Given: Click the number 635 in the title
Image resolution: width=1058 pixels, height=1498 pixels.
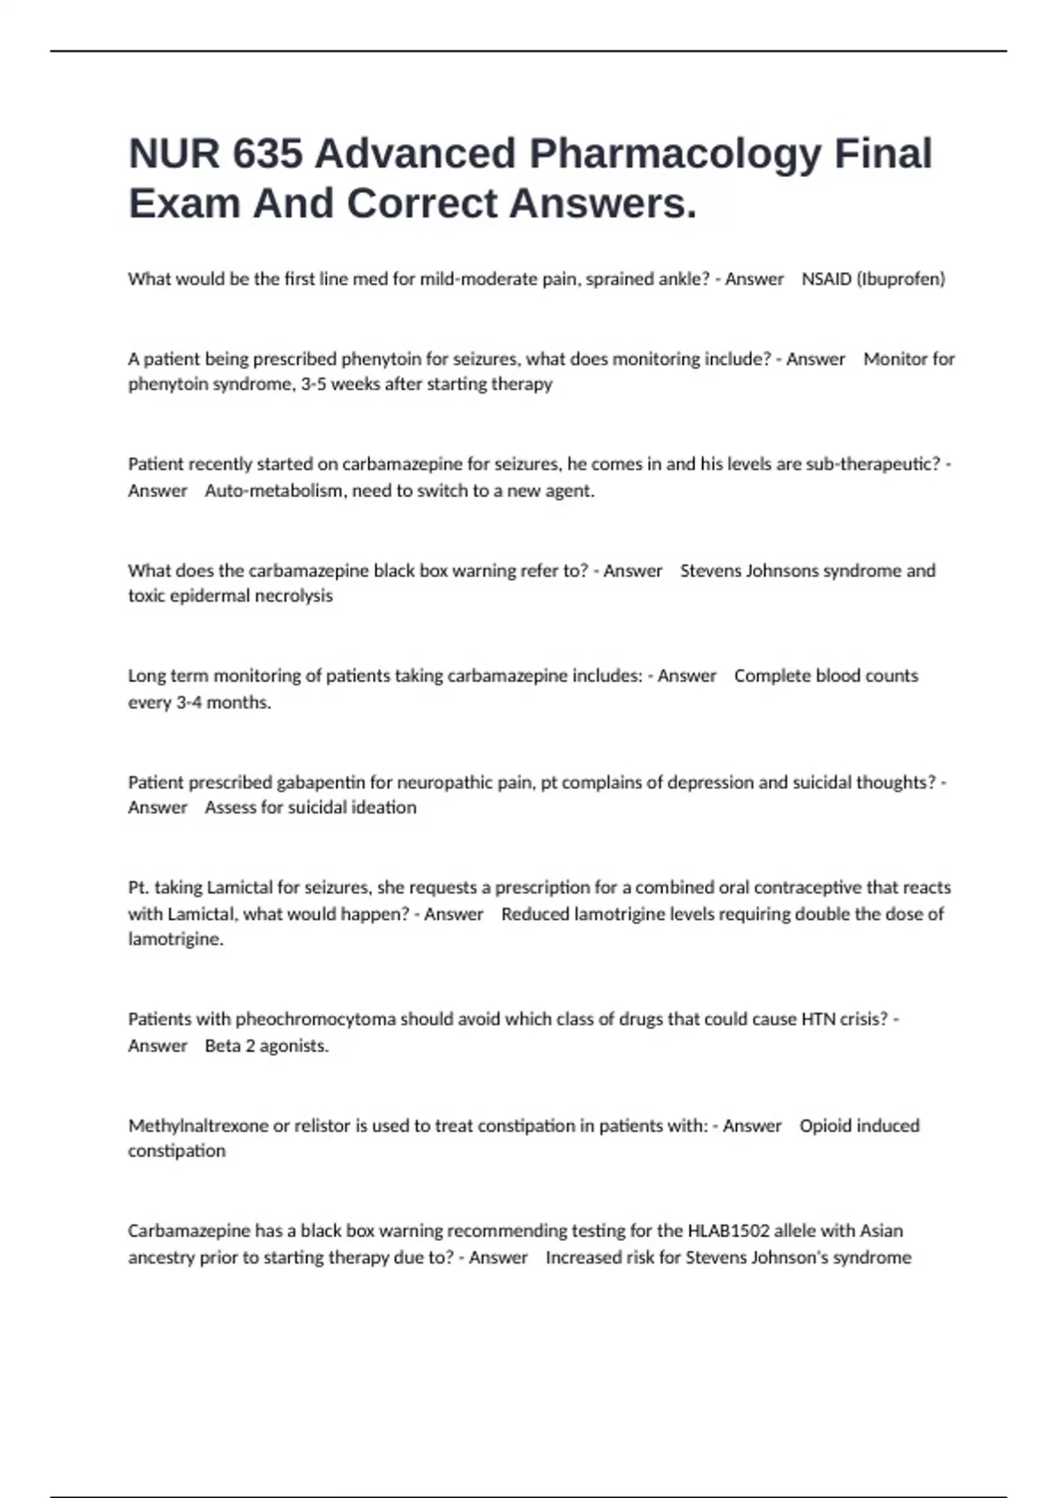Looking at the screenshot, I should pos(268,154).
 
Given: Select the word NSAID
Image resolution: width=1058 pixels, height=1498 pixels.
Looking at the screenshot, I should pos(826,279).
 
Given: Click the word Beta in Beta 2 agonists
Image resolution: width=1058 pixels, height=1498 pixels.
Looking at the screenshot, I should pos(223,1046).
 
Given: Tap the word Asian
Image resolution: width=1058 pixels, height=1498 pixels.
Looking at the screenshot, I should pos(882,1231).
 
